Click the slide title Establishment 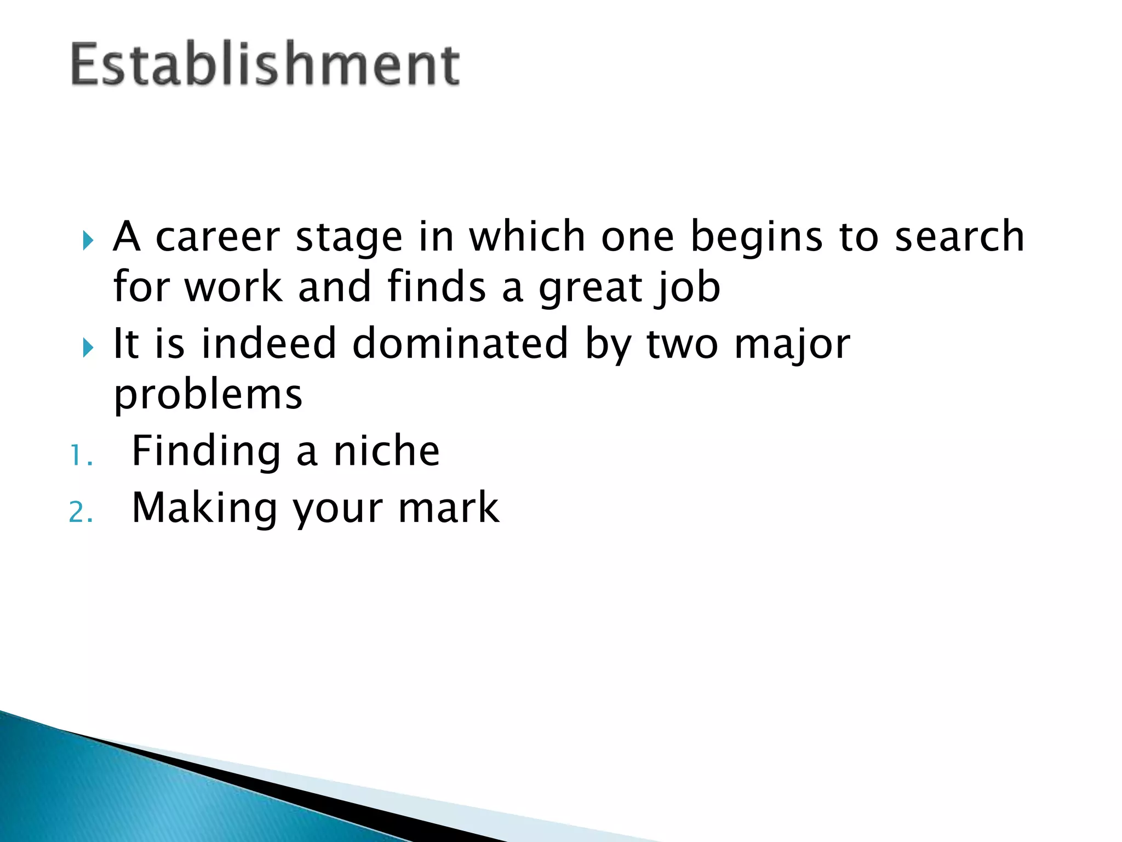[265, 64]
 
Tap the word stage [349, 238]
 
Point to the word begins [756, 238]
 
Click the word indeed [268, 343]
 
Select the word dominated [460, 343]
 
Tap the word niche [386, 451]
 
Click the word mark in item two [448, 508]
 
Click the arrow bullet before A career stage [88, 240]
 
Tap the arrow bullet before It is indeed [88, 348]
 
